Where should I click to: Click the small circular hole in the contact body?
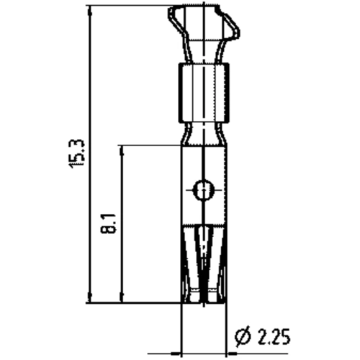(x=202, y=191)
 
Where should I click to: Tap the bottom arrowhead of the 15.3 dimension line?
(x=89, y=297)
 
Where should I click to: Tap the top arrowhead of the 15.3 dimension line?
(x=89, y=11)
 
